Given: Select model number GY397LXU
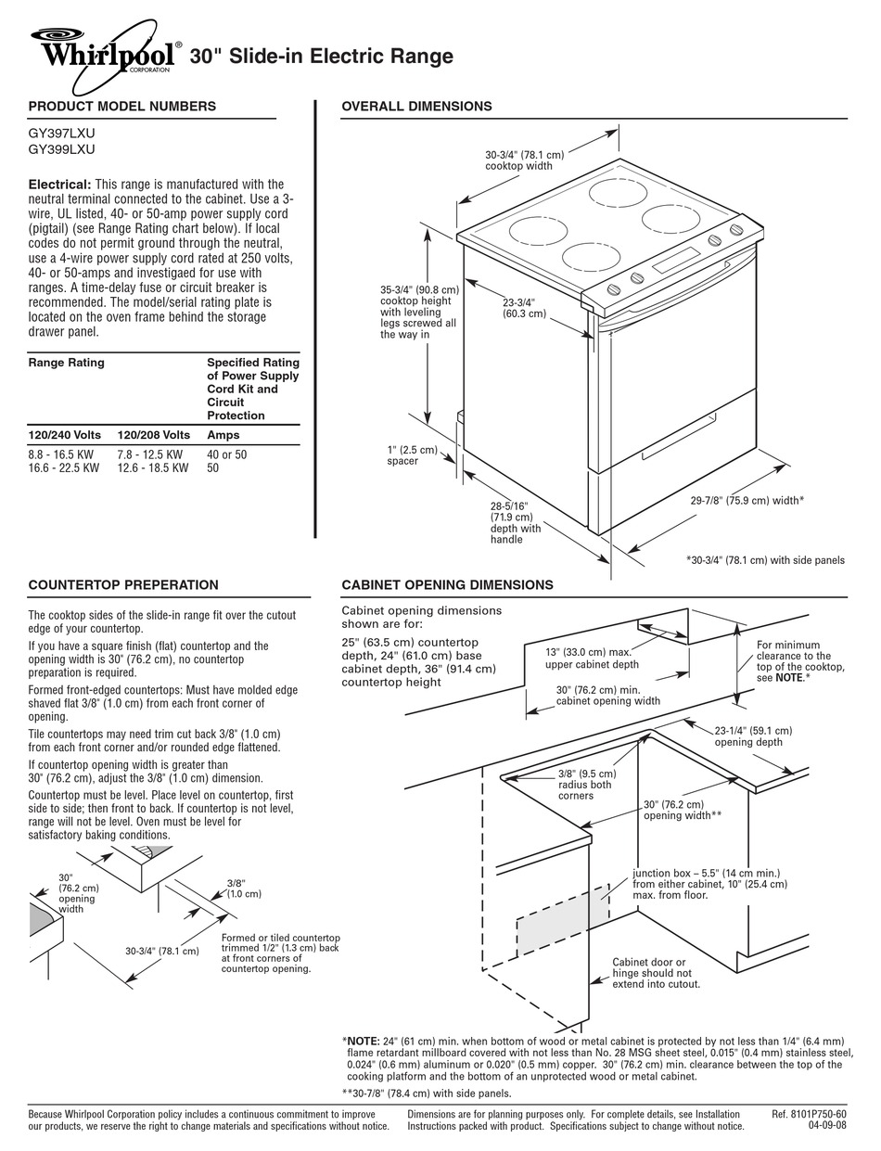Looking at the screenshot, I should click(62, 134).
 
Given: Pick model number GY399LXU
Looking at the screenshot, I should click(62, 149).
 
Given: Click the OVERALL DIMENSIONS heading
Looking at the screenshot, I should click(416, 107).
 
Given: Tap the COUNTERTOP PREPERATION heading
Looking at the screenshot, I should click(123, 585).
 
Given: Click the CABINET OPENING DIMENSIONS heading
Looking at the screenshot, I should click(447, 585).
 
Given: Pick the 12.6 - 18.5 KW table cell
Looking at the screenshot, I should click(153, 469).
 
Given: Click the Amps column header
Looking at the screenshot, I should click(223, 435).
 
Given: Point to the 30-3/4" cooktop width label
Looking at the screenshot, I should click(524, 160).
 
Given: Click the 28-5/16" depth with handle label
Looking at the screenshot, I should click(516, 523).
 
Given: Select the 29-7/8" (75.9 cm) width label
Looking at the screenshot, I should click(747, 501).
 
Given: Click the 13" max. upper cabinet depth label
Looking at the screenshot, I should click(592, 658).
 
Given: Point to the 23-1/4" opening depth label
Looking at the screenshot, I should click(753, 735).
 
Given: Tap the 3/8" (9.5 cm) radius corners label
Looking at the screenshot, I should click(585, 785).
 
